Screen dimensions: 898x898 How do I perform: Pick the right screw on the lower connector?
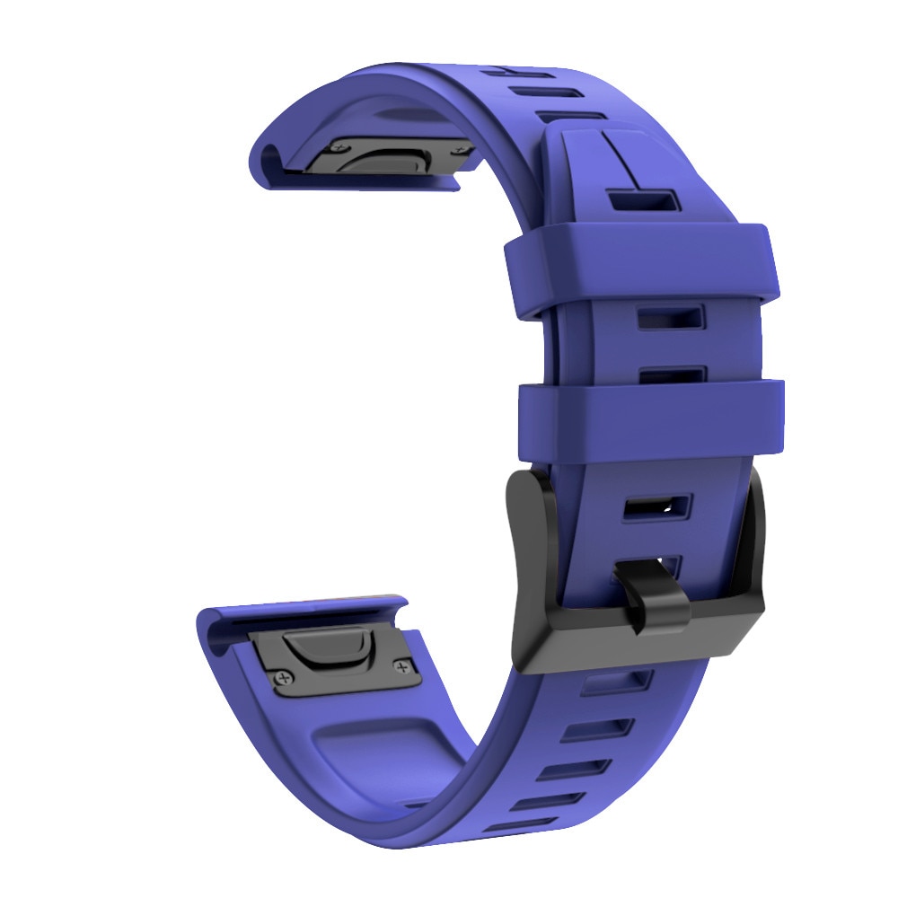[401, 665]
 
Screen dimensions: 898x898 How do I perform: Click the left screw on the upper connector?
[343, 145]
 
